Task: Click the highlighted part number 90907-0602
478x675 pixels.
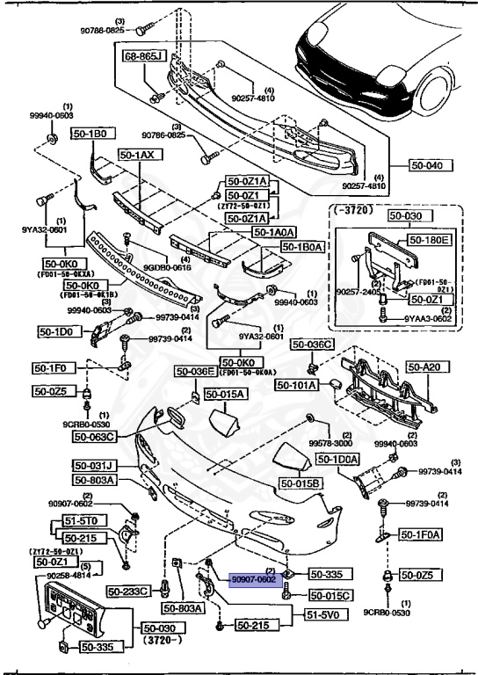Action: (x=254, y=580)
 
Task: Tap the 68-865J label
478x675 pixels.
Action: (x=145, y=55)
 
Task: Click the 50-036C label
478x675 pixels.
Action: (x=313, y=344)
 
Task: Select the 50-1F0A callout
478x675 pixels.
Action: (x=421, y=533)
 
